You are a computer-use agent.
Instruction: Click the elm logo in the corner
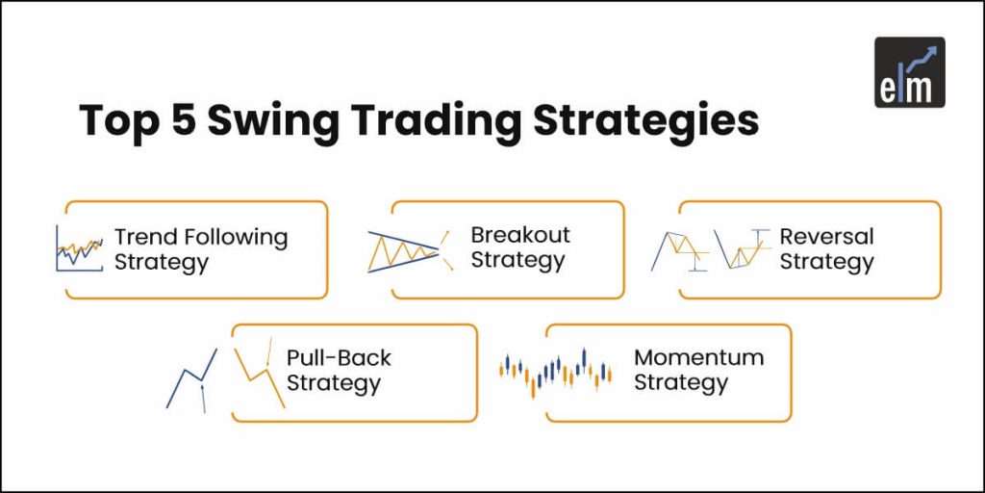[x=910, y=72]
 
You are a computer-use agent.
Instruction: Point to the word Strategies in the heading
[x=646, y=122]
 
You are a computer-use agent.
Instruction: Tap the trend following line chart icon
[x=79, y=248]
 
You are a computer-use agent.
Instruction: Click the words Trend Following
[x=201, y=237]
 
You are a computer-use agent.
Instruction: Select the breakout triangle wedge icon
[x=410, y=251]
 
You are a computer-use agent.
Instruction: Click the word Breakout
[x=520, y=235]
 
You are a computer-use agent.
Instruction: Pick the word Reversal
[x=826, y=237]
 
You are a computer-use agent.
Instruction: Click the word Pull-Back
[x=340, y=358]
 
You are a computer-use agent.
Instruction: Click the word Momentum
[x=698, y=357]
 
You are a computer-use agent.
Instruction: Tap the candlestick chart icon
[x=555, y=373]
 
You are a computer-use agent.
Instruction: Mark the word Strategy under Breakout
[x=518, y=260]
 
